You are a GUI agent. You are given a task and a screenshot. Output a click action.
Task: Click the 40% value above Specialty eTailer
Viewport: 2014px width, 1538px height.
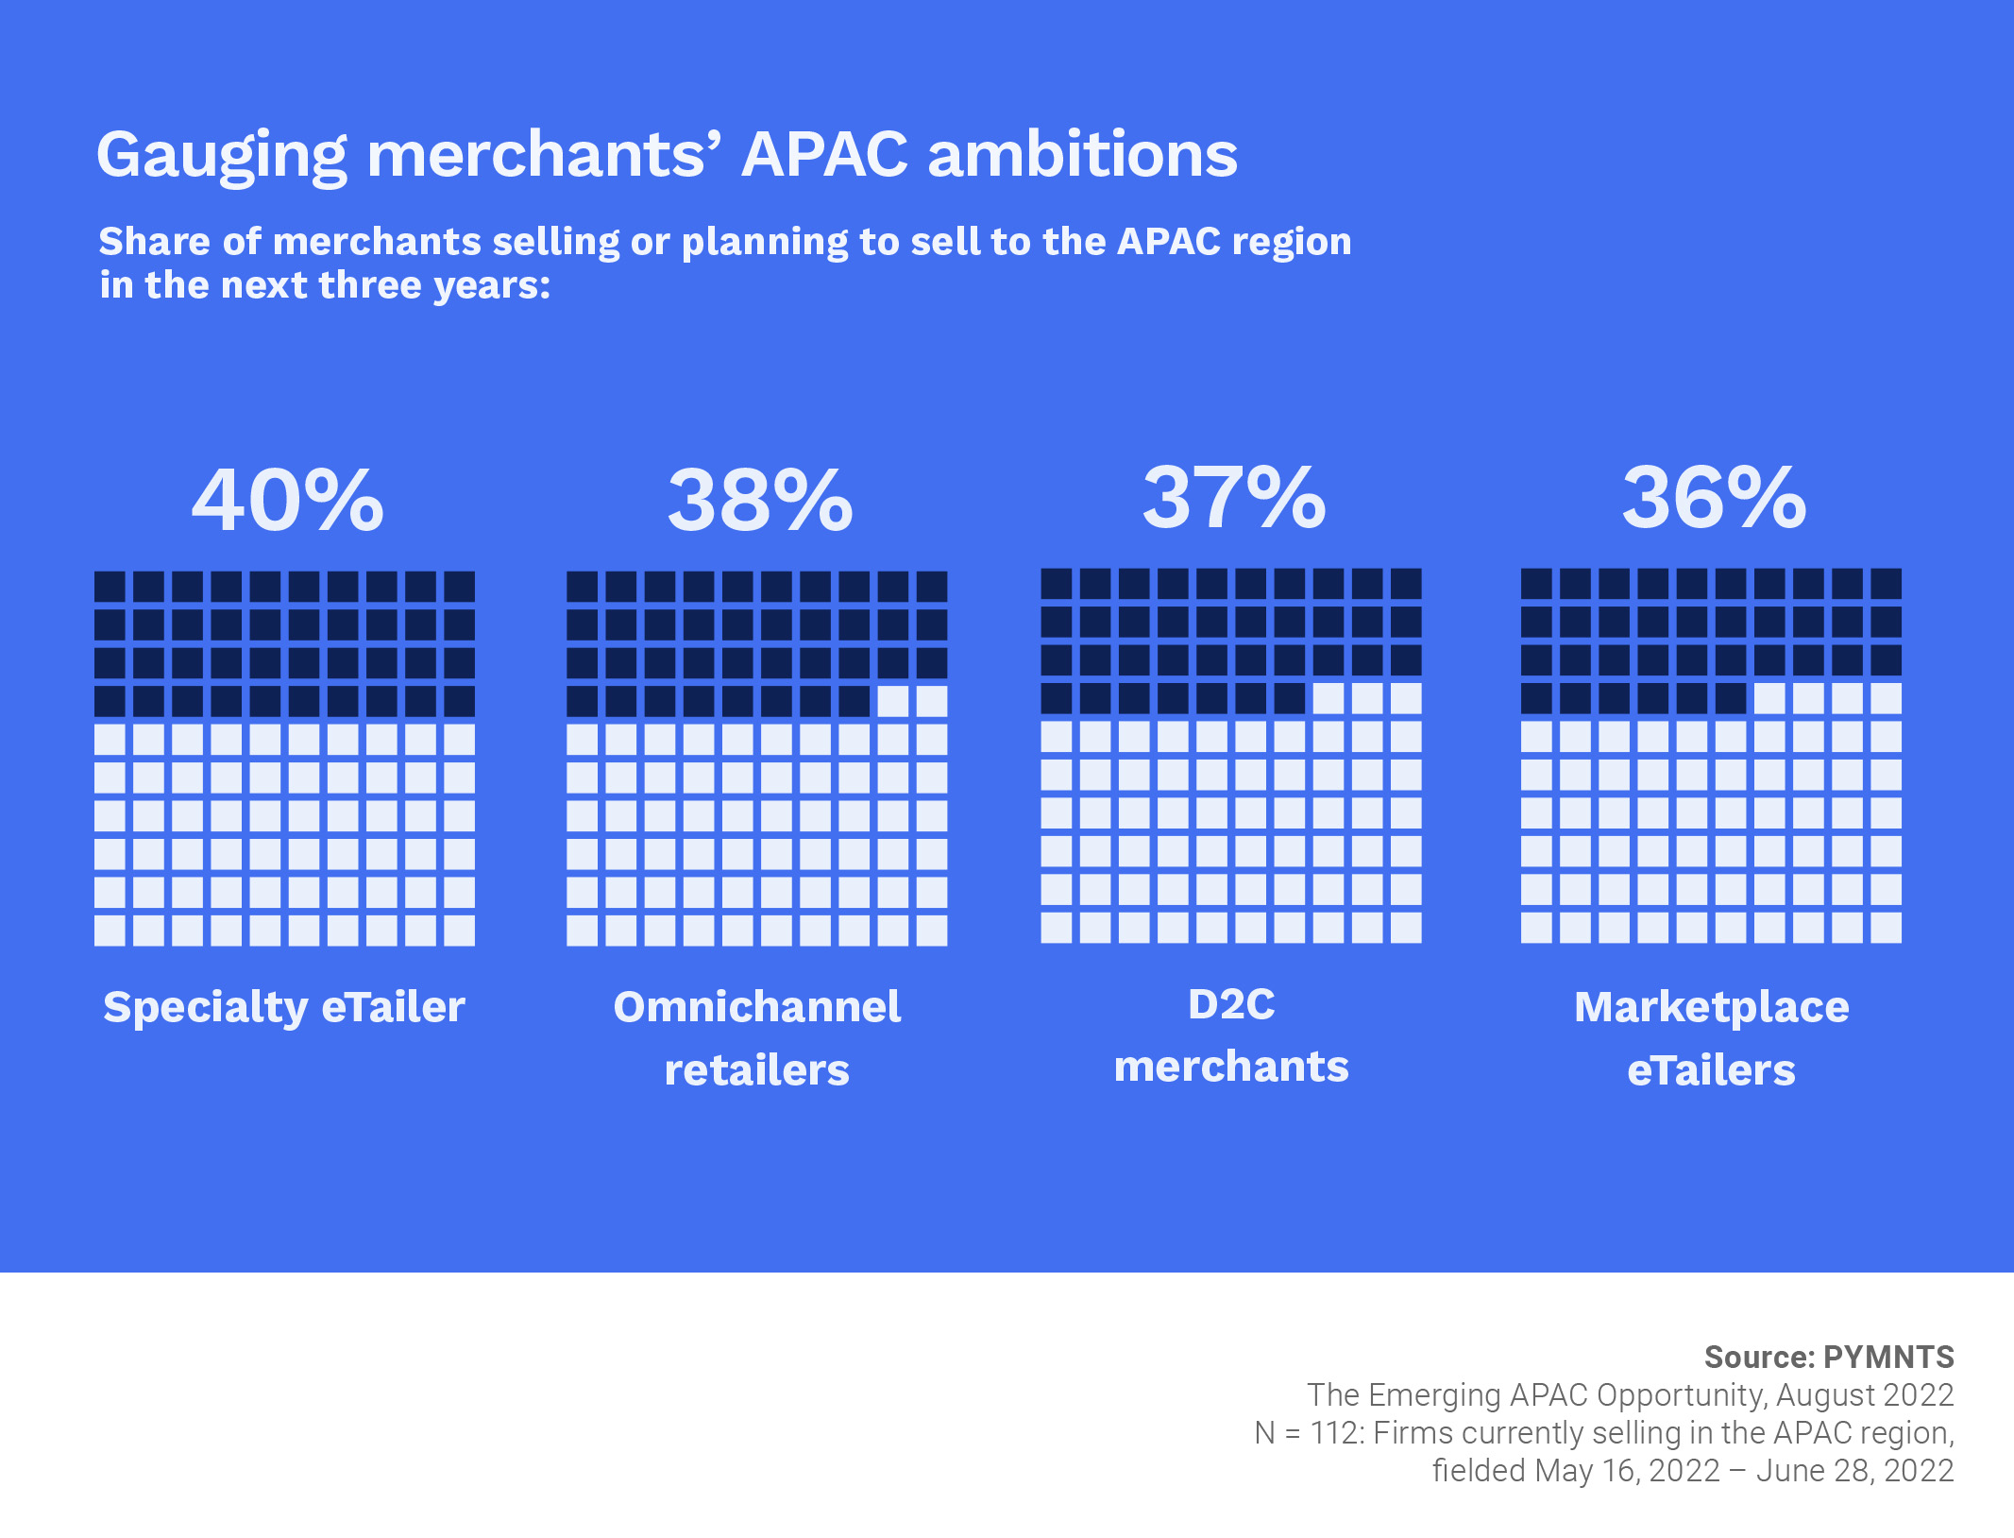coord(288,501)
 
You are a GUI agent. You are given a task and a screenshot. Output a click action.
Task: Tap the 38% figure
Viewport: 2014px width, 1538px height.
coord(760,501)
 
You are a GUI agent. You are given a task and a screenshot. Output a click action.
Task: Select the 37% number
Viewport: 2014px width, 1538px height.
coord(1234,498)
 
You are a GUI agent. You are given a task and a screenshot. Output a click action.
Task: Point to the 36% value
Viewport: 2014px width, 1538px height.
coord(1714,498)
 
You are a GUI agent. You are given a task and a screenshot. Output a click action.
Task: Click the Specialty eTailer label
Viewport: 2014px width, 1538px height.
coord(284,1007)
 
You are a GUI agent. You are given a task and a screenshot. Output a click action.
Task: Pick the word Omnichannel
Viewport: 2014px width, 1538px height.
coord(757,1007)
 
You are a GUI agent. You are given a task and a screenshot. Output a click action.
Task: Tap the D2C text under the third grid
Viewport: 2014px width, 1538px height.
coord(1231,1004)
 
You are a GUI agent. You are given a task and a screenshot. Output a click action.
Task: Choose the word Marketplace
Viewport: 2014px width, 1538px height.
coord(1711,1007)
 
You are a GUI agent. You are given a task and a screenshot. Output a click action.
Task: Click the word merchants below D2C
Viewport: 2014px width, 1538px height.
coord(1231,1067)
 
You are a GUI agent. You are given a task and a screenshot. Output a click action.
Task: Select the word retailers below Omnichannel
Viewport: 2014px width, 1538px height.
coord(757,1070)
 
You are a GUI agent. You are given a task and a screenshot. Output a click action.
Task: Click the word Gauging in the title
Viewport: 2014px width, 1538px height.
coord(223,155)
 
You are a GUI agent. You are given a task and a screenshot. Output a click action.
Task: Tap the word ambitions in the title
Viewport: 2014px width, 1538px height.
coord(1082,155)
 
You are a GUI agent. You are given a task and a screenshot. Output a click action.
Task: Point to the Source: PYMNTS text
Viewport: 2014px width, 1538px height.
coord(1829,1357)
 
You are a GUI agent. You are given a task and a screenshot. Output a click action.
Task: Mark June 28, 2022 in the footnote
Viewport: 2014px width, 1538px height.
coord(1854,1471)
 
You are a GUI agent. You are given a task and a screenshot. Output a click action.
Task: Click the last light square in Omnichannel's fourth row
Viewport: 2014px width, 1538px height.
coord(932,701)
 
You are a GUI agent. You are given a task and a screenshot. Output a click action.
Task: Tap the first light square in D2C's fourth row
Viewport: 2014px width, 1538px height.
coord(1329,698)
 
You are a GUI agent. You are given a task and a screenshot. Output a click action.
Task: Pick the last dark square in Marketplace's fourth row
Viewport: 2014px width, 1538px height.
coord(1731,698)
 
